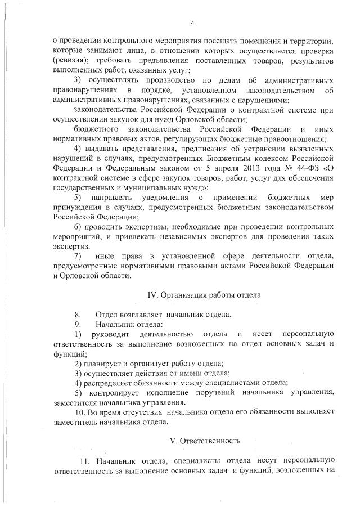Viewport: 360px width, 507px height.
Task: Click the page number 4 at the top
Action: pos(192,23)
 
